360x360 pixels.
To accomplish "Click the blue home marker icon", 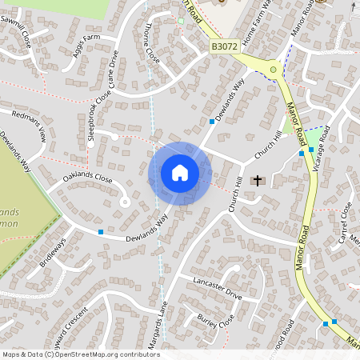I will tap(180, 173).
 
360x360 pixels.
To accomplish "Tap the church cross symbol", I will tap(257, 181).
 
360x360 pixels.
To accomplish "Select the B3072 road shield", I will tap(225, 49).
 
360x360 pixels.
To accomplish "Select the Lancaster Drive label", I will tap(217, 289).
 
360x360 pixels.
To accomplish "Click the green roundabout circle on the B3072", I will tap(274, 70).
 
